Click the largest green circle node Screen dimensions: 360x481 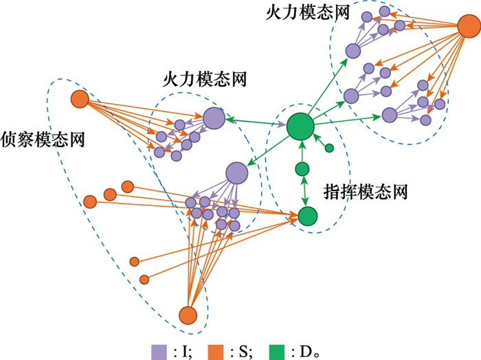click(300, 126)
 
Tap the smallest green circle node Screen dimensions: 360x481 click(329, 148)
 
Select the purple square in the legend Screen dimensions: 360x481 click(159, 351)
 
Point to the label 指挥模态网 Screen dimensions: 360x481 click(366, 191)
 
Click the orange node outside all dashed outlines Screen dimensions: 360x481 click(470, 29)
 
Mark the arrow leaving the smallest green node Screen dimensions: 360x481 click(322, 142)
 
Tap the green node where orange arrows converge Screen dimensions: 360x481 click(307, 216)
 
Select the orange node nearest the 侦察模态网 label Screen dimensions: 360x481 click(80, 100)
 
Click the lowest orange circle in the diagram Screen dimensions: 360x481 click(188, 315)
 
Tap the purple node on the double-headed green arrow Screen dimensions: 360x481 click(214, 118)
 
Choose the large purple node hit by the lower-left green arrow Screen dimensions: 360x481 click(236, 174)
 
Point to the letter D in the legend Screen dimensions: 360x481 click(305, 352)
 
